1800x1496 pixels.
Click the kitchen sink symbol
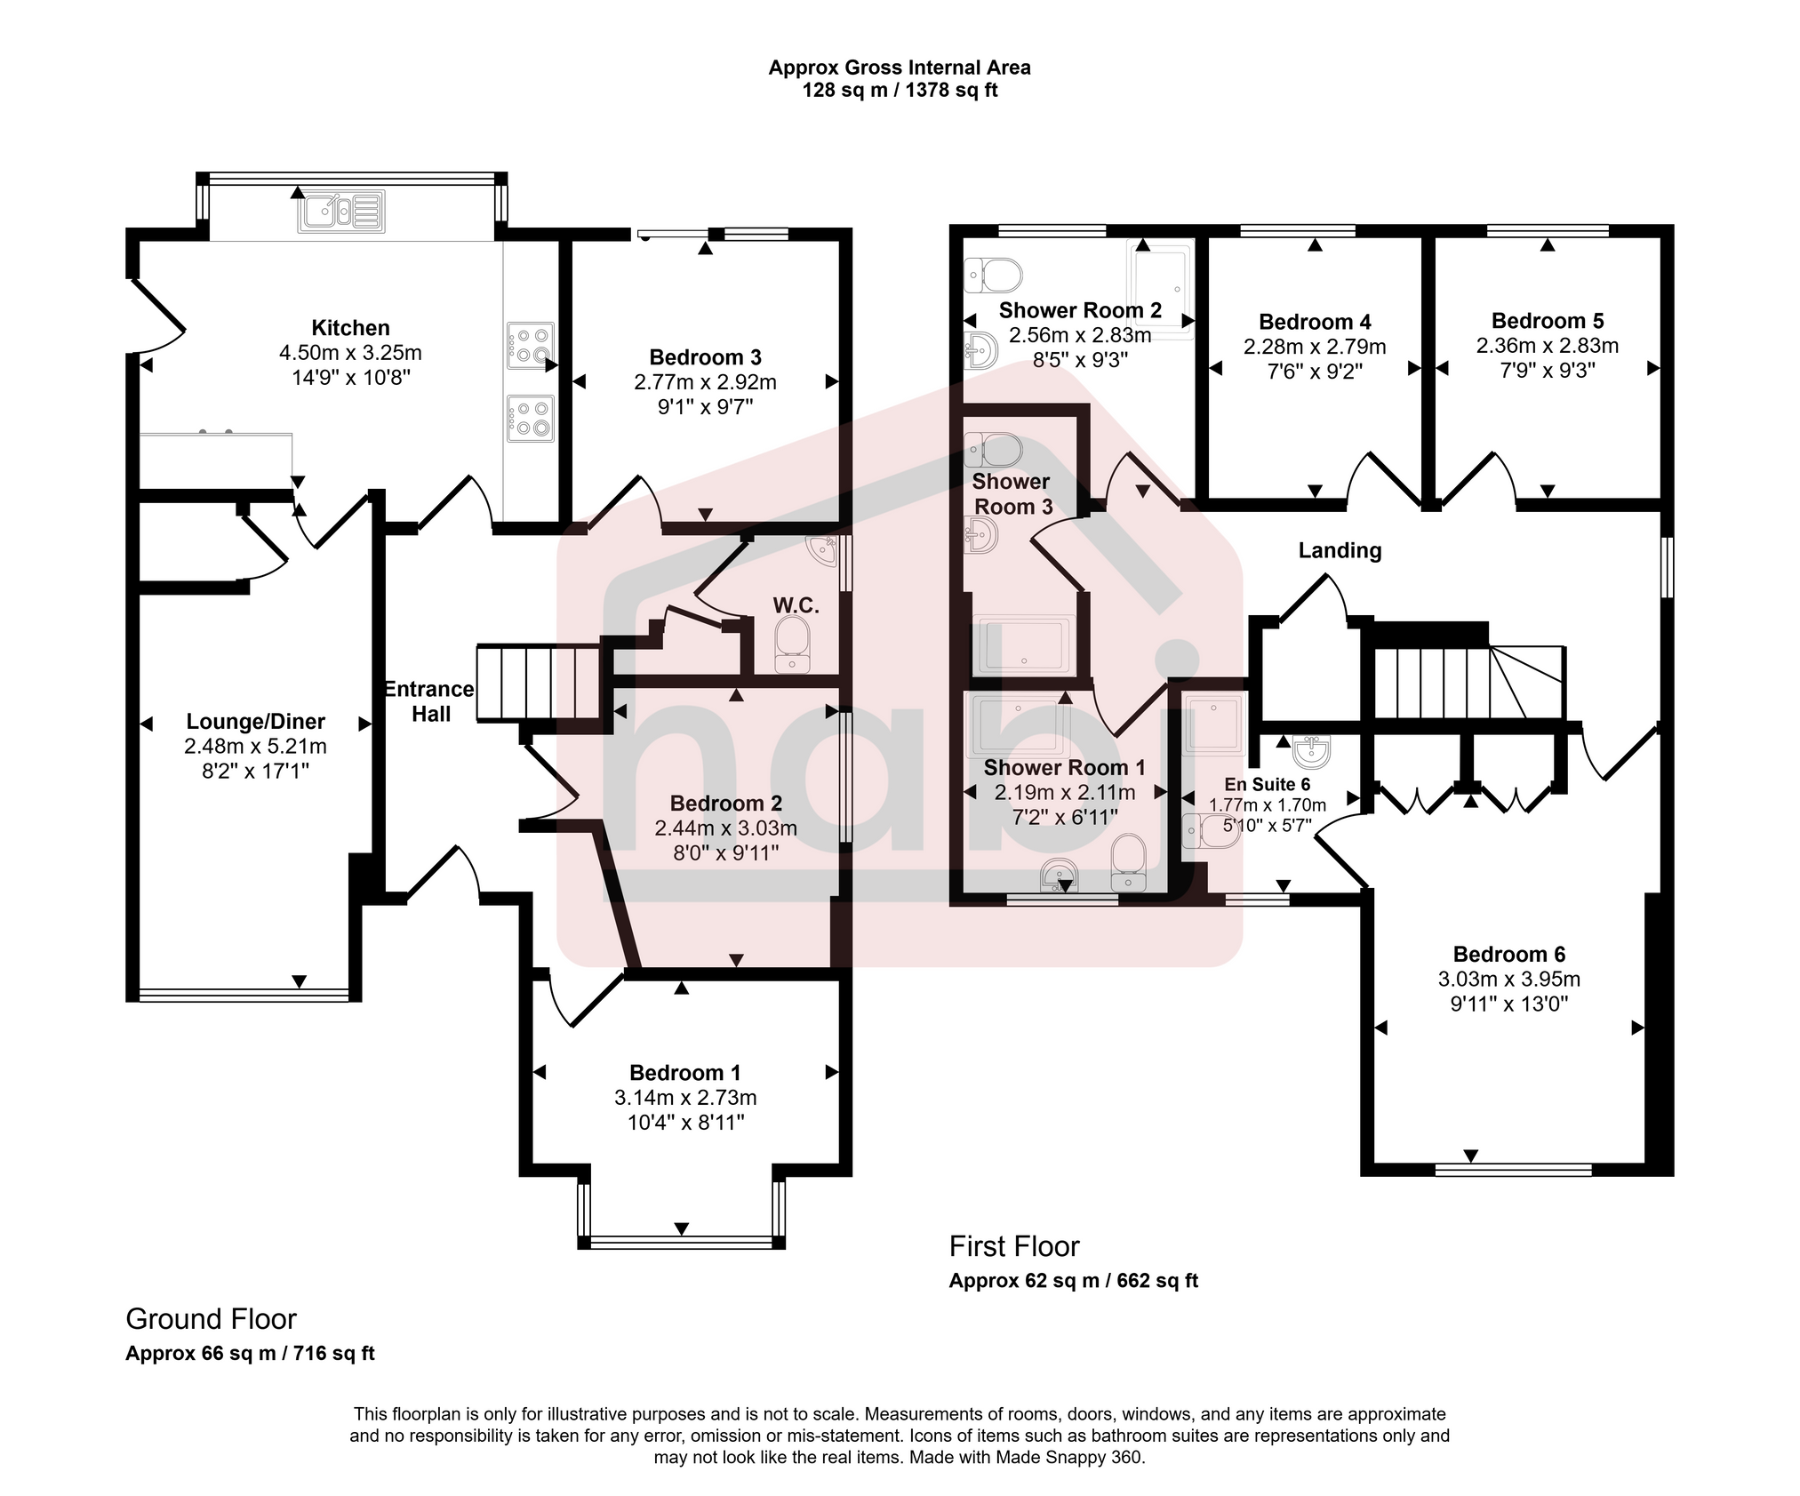point(342,212)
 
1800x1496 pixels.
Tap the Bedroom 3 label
point(705,357)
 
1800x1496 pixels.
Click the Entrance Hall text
point(430,701)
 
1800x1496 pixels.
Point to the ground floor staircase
point(537,683)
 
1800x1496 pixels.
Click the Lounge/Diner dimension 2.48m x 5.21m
point(255,747)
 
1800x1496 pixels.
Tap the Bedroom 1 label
point(684,1073)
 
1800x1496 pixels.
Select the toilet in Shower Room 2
point(993,274)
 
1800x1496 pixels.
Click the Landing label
point(1340,550)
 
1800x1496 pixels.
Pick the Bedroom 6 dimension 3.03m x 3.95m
point(1508,980)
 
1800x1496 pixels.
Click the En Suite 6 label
point(1267,784)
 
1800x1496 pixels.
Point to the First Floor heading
point(1013,1246)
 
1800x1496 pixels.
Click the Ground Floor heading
point(211,1318)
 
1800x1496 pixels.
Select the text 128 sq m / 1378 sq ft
point(900,91)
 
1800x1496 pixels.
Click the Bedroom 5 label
point(1547,321)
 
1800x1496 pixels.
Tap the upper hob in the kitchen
point(531,345)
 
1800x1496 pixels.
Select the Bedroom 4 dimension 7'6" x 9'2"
point(1315,372)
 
